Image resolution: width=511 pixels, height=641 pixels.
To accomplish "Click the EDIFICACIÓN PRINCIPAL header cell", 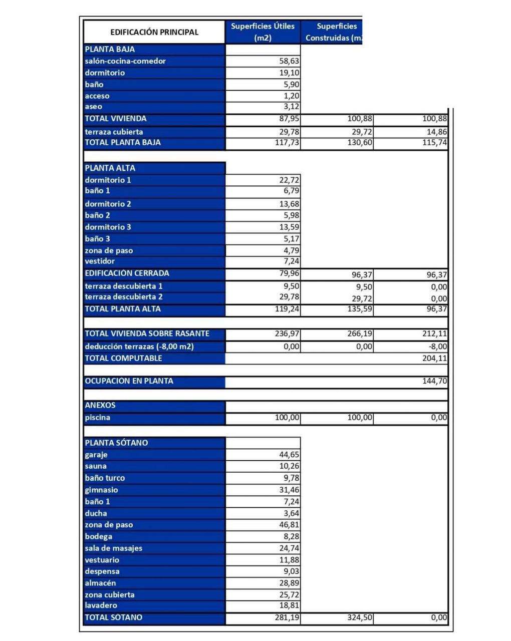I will tap(154, 32).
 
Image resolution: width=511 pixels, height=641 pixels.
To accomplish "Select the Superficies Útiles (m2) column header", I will tap(263, 32).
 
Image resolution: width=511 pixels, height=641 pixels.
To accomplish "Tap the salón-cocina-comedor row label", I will tap(125, 61).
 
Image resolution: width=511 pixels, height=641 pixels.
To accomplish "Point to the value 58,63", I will tap(289, 61).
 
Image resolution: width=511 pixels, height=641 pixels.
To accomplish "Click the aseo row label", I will tap(94, 107).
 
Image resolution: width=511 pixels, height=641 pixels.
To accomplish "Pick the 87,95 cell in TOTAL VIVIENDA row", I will tap(289, 119).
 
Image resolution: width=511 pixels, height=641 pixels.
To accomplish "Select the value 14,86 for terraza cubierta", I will tap(434, 132).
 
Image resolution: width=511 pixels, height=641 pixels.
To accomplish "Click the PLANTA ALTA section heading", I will tap(110, 168).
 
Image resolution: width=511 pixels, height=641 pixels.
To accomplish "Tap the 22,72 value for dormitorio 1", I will tap(289, 180).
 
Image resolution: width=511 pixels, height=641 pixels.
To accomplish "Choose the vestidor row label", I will tap(100, 261).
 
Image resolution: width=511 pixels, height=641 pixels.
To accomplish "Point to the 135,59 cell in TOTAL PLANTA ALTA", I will tap(360, 309).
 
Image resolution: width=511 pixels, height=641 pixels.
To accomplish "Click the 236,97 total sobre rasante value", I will tap(288, 334).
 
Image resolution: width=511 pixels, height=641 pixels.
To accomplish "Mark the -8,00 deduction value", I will tap(435, 347).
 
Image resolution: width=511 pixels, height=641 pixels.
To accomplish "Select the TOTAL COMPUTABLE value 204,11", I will tap(434, 359).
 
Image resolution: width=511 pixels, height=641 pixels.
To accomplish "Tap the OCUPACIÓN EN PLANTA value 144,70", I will tap(434, 381).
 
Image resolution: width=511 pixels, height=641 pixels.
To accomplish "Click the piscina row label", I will tap(98, 418).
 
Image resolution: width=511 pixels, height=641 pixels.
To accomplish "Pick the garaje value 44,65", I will tap(289, 455).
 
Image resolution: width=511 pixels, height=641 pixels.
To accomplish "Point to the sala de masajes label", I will tap(114, 548).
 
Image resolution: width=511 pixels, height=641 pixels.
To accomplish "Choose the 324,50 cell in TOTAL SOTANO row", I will tap(360, 617).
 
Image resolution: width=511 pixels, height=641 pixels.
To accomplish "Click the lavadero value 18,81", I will tap(289, 605).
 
